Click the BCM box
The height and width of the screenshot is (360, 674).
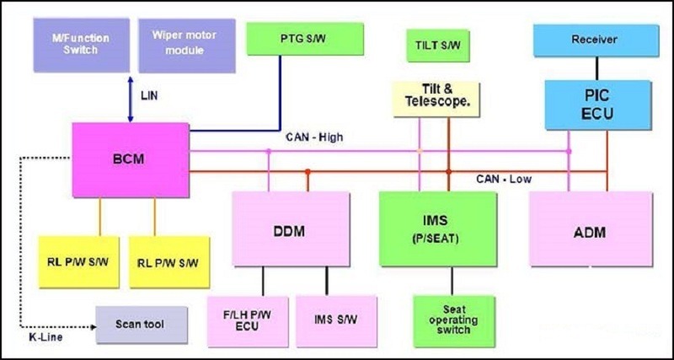130,159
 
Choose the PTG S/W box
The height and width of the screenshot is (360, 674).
304,39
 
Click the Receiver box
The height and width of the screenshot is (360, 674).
595,40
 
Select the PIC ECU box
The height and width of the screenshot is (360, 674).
598,105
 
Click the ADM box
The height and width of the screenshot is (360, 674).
591,228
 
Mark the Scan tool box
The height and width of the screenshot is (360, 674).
142,324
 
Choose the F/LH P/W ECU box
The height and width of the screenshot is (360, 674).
247,321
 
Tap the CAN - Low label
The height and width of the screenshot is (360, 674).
504,179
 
